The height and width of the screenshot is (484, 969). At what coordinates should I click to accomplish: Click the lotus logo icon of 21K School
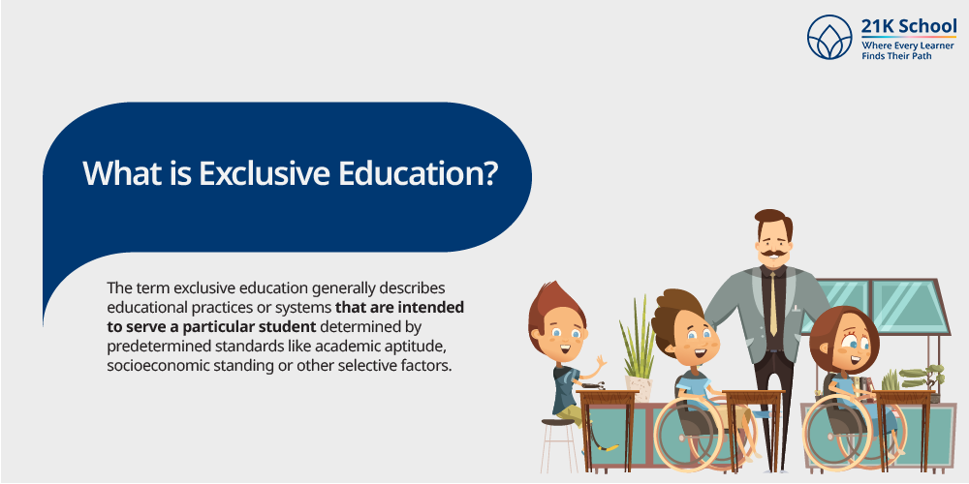pos(829,37)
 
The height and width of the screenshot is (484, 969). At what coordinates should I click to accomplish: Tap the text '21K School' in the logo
pos(909,27)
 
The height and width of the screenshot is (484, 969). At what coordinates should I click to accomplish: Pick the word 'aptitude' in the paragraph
pos(416,346)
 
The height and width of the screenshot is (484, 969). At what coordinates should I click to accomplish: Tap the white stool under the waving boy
pos(559,446)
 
